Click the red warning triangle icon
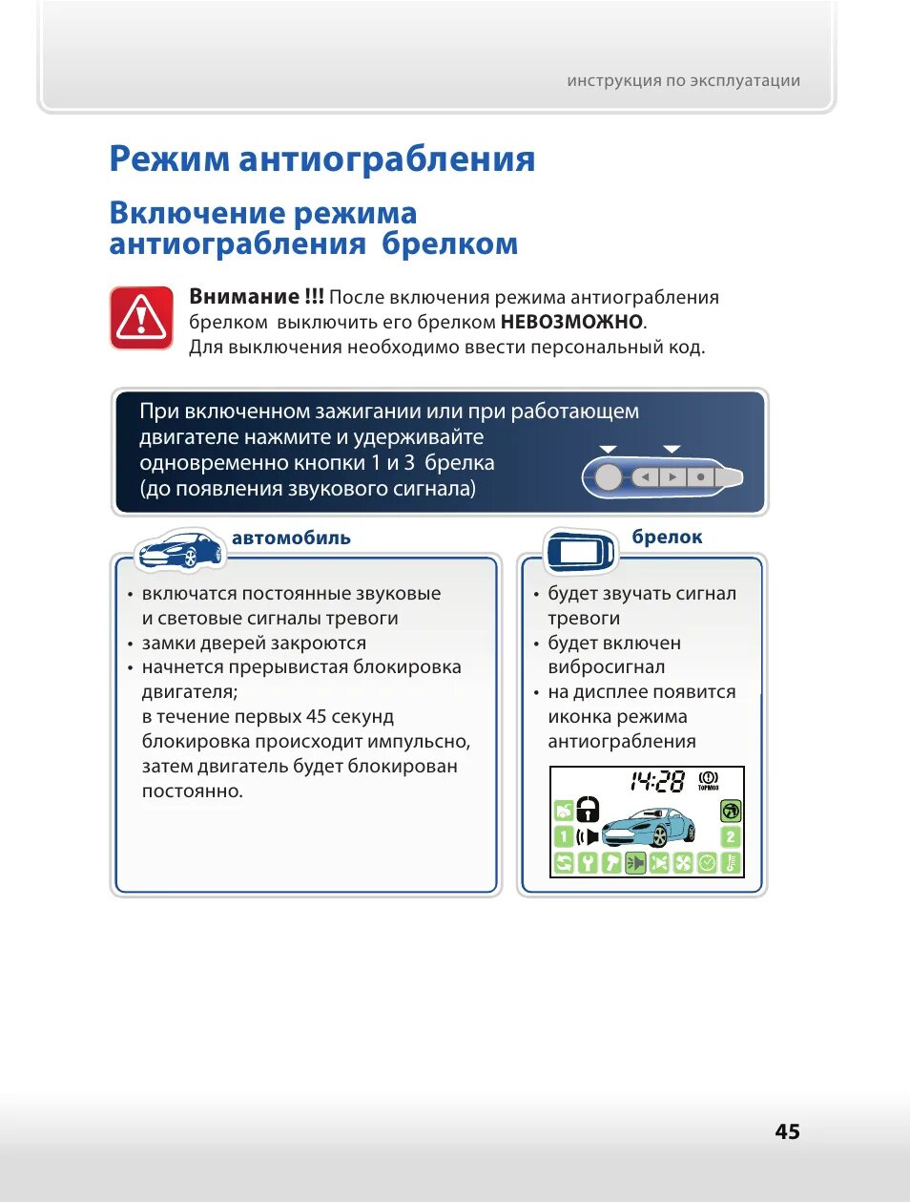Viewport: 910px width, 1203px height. [x=141, y=318]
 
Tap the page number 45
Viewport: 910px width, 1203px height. [x=787, y=1131]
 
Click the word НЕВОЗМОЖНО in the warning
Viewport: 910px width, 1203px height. [x=571, y=322]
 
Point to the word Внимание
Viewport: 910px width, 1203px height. [x=244, y=297]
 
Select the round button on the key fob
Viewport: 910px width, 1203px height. [x=608, y=476]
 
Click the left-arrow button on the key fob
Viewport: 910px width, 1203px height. [x=646, y=476]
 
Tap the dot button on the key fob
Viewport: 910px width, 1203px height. [x=701, y=476]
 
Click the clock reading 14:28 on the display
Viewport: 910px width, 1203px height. [x=656, y=783]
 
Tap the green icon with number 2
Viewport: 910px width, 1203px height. [x=731, y=837]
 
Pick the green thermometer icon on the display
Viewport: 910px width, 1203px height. [x=731, y=863]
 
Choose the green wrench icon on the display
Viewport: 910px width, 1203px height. [x=588, y=863]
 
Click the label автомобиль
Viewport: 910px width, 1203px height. [x=291, y=538]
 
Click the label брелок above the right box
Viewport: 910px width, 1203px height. [x=667, y=537]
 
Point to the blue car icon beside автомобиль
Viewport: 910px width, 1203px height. [x=180, y=551]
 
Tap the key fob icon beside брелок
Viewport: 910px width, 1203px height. [x=580, y=551]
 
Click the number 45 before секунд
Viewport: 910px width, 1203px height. [x=316, y=717]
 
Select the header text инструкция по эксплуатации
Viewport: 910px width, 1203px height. [x=683, y=81]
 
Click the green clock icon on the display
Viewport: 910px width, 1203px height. [x=707, y=863]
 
